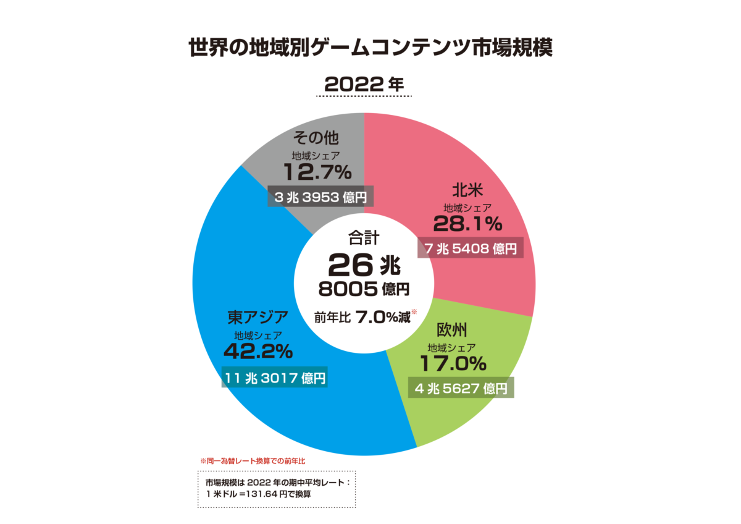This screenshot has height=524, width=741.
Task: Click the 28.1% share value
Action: pos(467,222)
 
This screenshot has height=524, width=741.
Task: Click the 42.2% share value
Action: pos(257,351)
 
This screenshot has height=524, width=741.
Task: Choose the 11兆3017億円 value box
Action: pos(274,378)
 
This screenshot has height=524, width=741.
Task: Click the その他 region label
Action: pos(317,137)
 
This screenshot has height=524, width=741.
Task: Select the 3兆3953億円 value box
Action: pos(320,197)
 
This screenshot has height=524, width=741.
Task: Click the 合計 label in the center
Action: pos(363,237)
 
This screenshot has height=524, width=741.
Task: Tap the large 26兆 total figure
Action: pos(364,264)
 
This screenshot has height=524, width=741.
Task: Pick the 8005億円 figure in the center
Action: pos(364,289)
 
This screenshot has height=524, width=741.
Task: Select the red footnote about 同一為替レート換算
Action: pos(253,461)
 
